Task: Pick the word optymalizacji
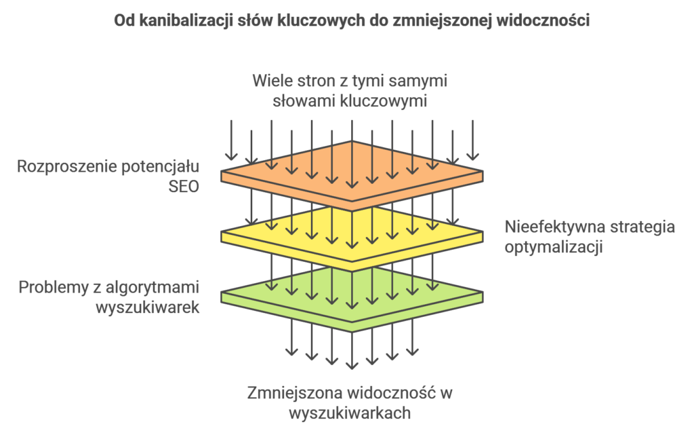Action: [x=554, y=247]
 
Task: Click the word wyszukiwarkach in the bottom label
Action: [x=350, y=413]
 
